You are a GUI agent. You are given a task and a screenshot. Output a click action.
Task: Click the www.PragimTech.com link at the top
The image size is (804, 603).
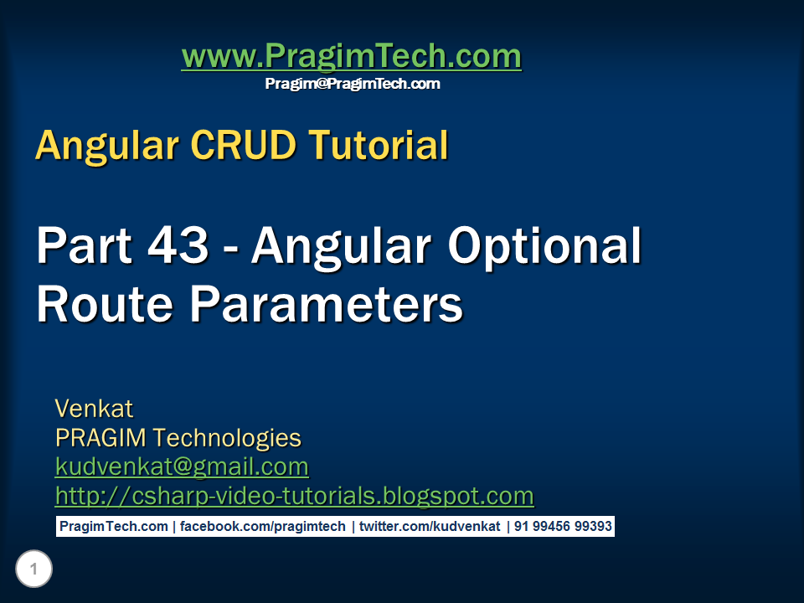coord(352,56)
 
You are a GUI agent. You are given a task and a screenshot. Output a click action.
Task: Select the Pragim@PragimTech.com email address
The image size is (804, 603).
coord(353,84)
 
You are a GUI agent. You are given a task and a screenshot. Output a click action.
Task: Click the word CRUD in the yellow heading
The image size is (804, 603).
coord(244,145)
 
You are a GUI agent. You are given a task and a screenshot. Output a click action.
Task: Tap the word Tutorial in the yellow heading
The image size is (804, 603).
coord(379,145)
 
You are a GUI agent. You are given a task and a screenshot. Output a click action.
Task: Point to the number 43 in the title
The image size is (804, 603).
coord(178,245)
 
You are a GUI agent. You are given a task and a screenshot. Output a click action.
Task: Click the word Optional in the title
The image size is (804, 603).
coord(544,248)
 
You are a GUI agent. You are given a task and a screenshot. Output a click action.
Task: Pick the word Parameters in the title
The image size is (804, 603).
coord(327,304)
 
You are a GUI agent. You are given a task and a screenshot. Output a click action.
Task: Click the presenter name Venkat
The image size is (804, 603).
coord(95,409)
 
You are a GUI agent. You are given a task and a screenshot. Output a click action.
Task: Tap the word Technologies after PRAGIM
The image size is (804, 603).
coord(227,439)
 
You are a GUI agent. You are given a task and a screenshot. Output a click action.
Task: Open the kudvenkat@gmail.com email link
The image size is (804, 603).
coord(182,467)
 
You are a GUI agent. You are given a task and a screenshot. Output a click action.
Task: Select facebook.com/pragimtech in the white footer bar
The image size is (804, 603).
coord(262,527)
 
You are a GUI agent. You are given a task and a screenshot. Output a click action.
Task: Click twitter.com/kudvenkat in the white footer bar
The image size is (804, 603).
coord(430,527)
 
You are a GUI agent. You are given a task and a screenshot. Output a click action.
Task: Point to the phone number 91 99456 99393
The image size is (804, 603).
coord(563,527)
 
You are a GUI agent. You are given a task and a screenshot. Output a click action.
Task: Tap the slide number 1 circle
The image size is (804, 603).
coord(33,569)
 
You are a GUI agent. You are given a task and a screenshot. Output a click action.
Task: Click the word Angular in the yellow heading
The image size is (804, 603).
coord(107,146)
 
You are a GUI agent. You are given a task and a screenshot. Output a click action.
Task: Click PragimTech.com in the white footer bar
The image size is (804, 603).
coord(114,527)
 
